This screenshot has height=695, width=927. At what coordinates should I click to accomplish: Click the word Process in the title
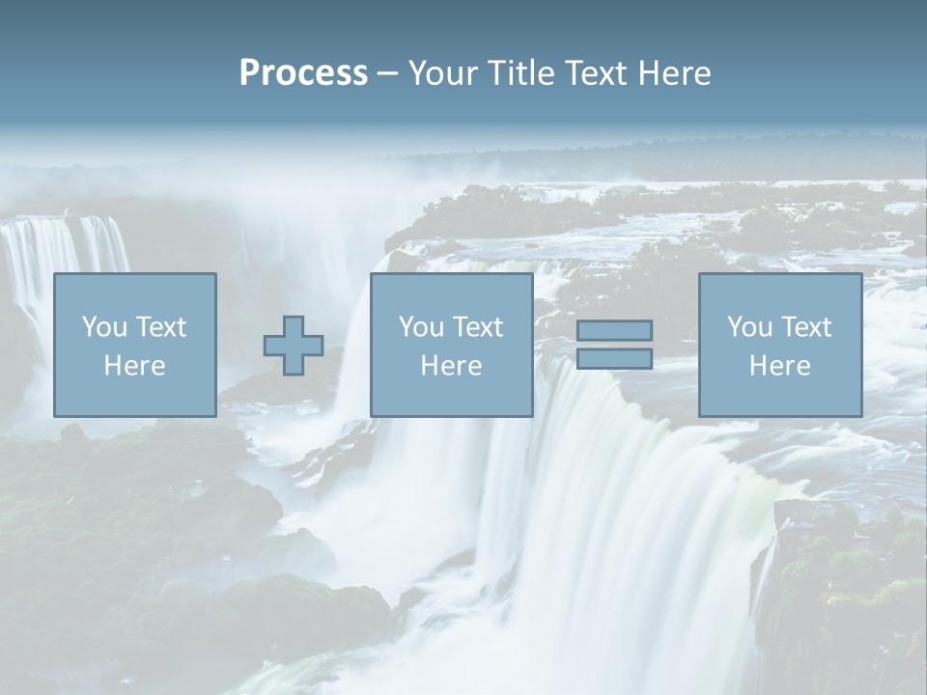click(303, 73)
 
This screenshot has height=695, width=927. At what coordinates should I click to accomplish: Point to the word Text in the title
click(593, 73)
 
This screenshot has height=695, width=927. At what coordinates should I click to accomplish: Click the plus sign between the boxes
click(294, 346)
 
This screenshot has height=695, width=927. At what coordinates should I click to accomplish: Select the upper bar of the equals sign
click(614, 331)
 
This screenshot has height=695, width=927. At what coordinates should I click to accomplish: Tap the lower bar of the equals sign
click(614, 359)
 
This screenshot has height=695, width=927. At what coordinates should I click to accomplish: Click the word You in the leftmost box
click(103, 327)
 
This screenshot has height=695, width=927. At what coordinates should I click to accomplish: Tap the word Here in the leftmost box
click(134, 366)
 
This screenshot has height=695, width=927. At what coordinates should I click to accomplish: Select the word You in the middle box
click(420, 327)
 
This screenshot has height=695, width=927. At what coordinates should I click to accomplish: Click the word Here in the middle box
click(451, 366)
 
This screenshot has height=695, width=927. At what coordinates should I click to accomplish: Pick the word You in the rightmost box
click(748, 327)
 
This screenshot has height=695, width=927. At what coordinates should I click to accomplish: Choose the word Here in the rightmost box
click(779, 366)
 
